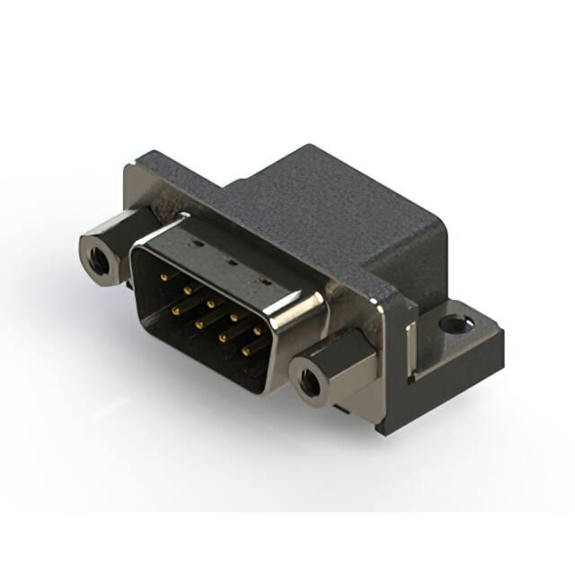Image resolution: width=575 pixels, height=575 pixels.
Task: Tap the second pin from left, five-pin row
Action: click(186, 289)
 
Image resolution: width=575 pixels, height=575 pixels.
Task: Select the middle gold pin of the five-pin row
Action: click(209, 304)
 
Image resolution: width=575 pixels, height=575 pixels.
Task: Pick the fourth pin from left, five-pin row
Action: click(234, 317)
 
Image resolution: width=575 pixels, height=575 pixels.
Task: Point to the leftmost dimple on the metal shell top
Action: click(192, 243)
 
